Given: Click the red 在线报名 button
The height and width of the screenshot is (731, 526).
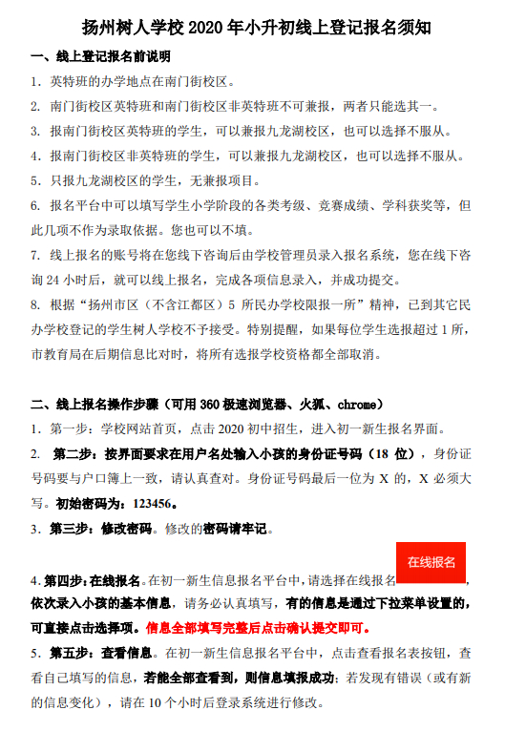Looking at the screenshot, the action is pyautogui.click(x=431, y=562).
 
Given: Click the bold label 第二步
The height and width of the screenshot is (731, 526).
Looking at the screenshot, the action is pyautogui.click(x=76, y=453).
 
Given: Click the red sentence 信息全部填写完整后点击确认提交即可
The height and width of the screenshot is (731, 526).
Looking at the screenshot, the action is pyautogui.click(x=258, y=629).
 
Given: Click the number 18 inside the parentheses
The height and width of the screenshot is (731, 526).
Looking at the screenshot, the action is pyautogui.click(x=379, y=453).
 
